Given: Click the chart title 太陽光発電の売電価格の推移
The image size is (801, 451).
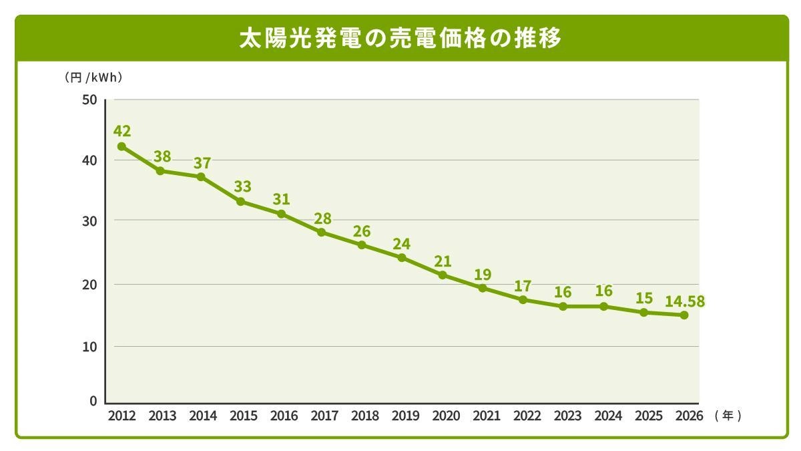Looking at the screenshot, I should click(x=400, y=39).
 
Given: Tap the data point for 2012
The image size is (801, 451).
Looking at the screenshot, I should click(x=121, y=146).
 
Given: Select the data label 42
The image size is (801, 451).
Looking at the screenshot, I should click(x=121, y=131).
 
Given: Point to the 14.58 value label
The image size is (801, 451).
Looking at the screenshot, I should click(x=684, y=301).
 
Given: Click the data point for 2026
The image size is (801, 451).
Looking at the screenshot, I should click(x=684, y=315).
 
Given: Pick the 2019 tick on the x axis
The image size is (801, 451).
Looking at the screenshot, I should click(x=406, y=416).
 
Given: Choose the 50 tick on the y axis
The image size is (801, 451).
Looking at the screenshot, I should click(x=90, y=100).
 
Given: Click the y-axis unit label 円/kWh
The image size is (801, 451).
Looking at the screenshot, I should click(x=93, y=78).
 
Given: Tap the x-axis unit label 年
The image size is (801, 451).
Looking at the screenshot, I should click(x=728, y=416).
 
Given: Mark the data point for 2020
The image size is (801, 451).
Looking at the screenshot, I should click(x=442, y=275).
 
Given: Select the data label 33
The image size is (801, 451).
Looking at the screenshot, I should click(x=243, y=186).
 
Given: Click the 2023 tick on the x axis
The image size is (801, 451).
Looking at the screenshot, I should click(x=568, y=416).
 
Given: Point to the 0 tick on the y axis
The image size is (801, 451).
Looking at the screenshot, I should click(x=93, y=402).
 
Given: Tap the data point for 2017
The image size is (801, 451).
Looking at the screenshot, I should click(x=321, y=233).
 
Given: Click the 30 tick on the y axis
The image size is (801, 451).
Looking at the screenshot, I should click(x=90, y=220).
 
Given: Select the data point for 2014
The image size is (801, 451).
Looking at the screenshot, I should click(x=201, y=176).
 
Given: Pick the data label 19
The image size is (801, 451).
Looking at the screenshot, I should click(x=482, y=274).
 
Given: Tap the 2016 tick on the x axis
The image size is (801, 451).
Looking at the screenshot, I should click(x=284, y=416).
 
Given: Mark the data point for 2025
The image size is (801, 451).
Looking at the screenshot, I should click(x=643, y=312).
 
